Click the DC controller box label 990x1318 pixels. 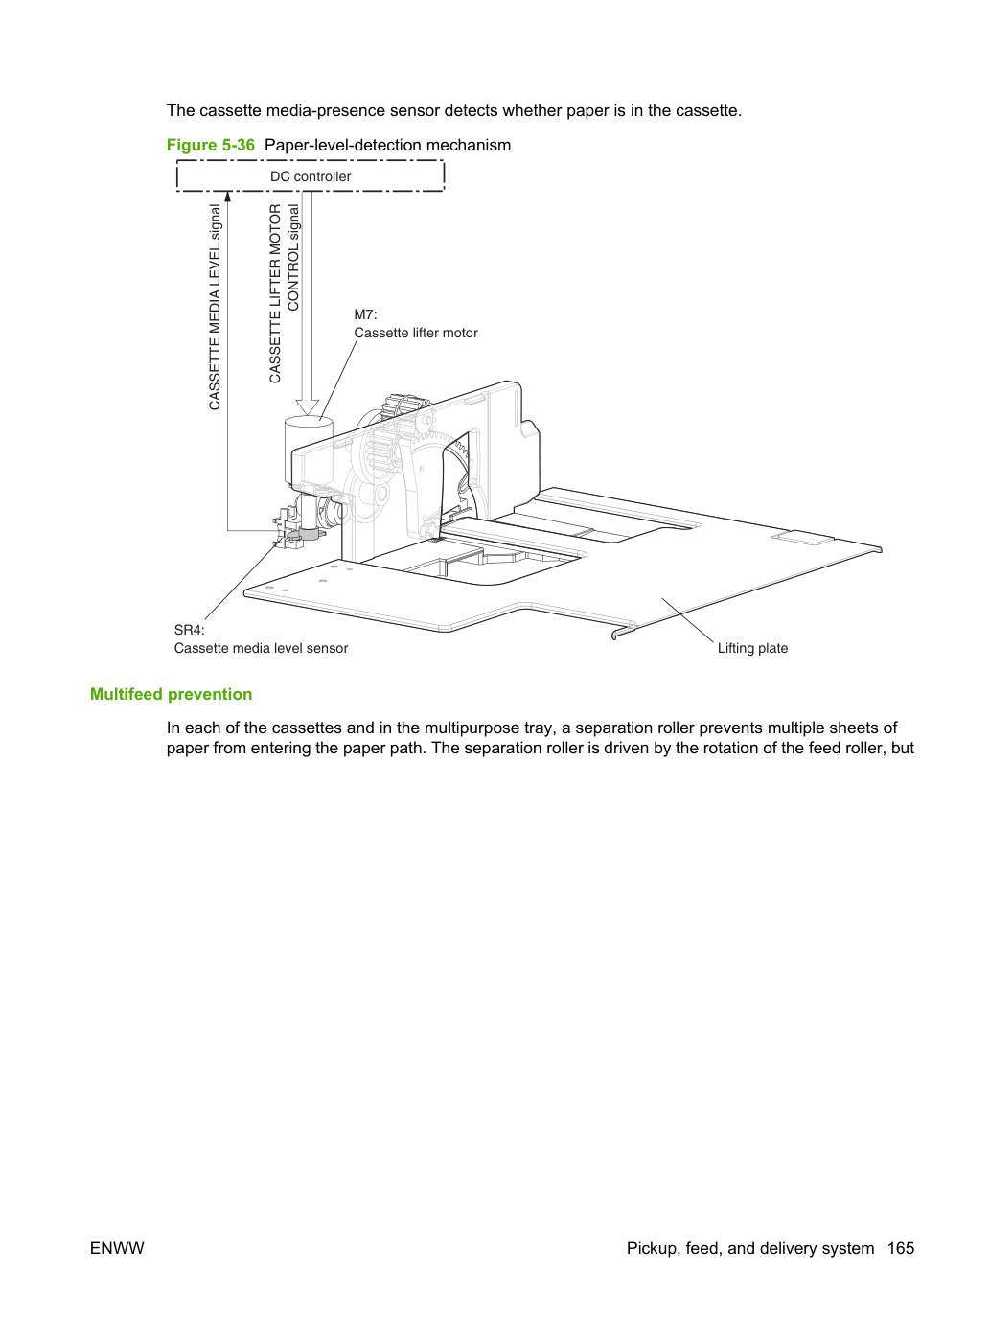tap(311, 176)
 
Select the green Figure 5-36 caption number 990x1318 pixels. tap(211, 145)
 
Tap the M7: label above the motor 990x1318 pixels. tap(365, 314)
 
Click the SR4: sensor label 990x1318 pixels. tap(189, 630)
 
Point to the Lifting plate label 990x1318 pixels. tap(752, 649)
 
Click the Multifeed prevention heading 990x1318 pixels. tap(172, 694)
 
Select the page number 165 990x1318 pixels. tap(901, 1248)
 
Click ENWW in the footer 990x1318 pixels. tap(117, 1248)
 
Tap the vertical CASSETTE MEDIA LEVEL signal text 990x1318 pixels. tap(215, 308)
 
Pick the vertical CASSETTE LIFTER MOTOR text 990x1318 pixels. tap(275, 293)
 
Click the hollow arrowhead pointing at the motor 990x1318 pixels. tap(307, 406)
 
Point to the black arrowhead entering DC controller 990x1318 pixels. tap(227, 197)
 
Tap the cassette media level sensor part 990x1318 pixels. tap(295, 528)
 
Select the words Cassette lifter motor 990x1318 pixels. tap(415, 334)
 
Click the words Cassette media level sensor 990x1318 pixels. tap(262, 649)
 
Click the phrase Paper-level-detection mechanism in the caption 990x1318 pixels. tap(387, 146)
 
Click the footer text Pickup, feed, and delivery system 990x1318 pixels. tap(749, 1248)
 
